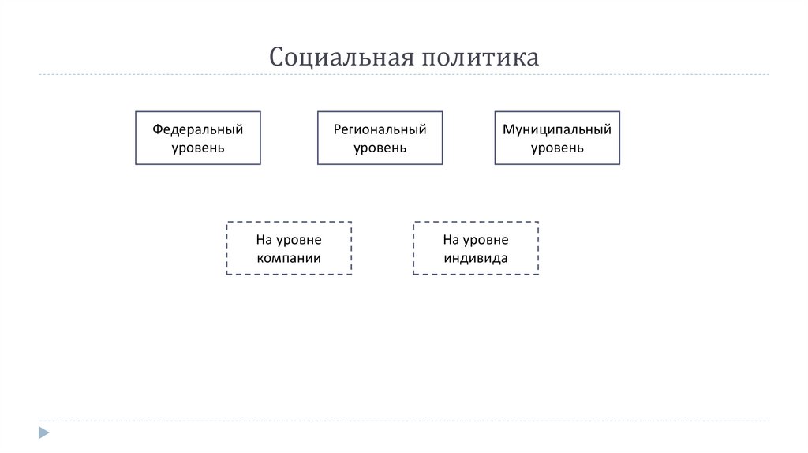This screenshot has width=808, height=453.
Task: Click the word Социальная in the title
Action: (341, 57)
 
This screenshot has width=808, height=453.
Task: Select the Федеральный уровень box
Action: (198, 137)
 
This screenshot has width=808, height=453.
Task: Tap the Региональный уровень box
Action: (380, 137)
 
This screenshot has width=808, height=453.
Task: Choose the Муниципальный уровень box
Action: (557, 137)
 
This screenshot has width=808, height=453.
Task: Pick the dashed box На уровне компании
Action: (289, 248)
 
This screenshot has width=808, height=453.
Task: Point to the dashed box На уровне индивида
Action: (476, 248)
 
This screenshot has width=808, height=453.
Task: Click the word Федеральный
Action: (198, 129)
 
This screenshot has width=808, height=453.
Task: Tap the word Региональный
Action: (380, 129)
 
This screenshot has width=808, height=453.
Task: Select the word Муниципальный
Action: (557, 129)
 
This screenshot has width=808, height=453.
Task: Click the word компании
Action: (289, 257)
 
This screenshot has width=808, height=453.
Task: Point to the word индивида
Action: (476, 257)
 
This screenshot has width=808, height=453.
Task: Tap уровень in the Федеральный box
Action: (198, 148)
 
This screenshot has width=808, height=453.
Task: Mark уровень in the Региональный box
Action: (380, 148)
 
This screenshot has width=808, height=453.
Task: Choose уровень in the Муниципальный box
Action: (557, 148)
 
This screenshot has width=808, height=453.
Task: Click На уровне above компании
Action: (289, 239)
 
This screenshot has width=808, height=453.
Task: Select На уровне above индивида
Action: (476, 239)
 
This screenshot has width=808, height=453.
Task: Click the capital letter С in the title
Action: (278, 57)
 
